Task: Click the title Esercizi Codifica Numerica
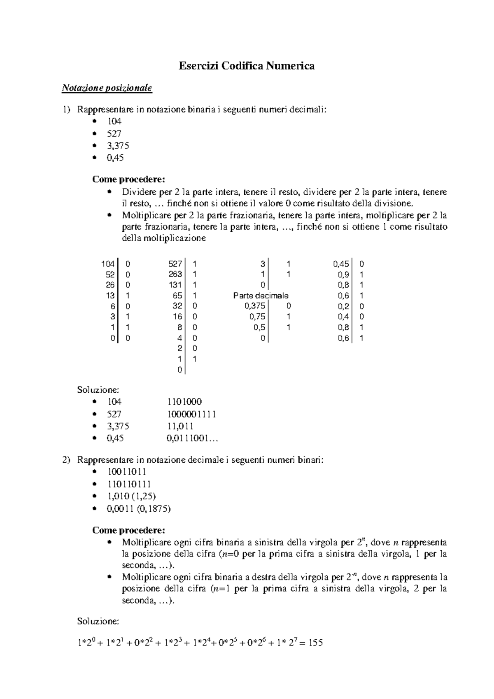(x=246, y=66)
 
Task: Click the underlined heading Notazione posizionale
(x=107, y=88)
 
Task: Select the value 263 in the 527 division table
(x=175, y=275)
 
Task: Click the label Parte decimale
(x=261, y=296)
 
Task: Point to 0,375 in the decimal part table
(x=255, y=306)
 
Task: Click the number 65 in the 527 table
(x=178, y=296)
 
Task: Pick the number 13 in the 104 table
(x=110, y=296)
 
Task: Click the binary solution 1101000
(x=184, y=402)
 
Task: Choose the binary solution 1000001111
(x=191, y=414)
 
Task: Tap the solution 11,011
(x=180, y=426)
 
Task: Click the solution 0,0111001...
(x=192, y=439)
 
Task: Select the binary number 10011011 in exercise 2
(x=127, y=472)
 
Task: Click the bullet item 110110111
(x=129, y=484)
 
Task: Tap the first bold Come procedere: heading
(x=128, y=179)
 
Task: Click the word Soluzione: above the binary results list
(x=98, y=389)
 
